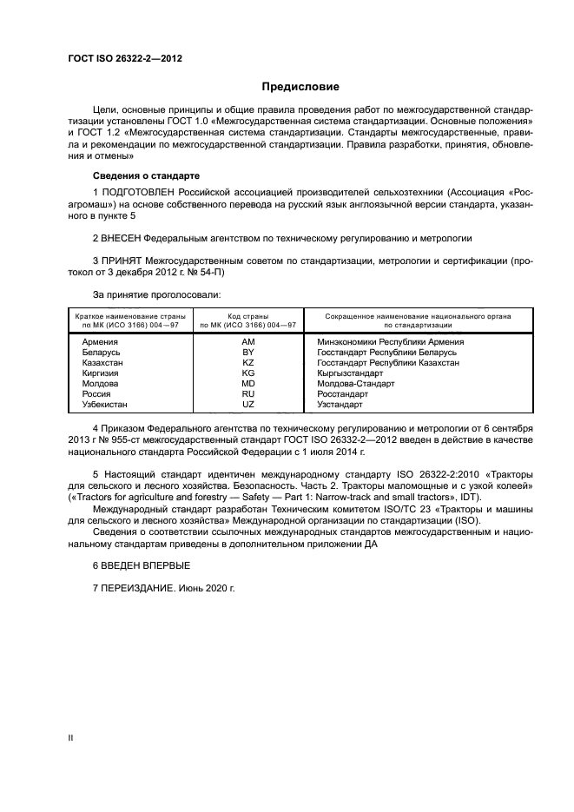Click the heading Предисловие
coord(301,86)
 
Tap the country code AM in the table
coord(247,342)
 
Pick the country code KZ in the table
coord(247,363)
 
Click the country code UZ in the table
coord(247,405)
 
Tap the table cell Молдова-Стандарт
coord(357,384)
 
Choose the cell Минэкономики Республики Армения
coord(392,342)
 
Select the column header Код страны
coord(247,316)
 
